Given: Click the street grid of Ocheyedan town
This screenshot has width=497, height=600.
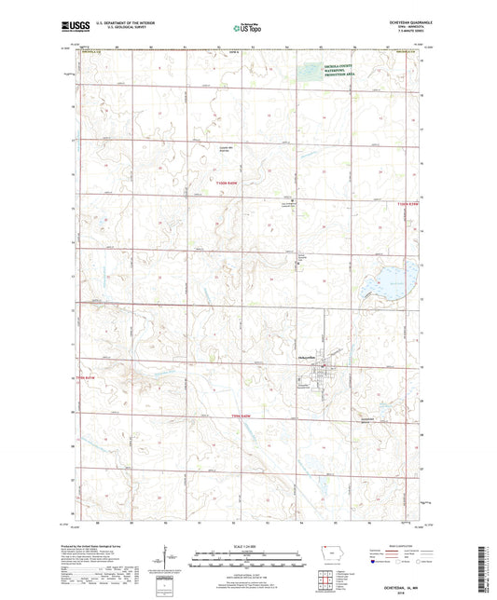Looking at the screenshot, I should (322, 375).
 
